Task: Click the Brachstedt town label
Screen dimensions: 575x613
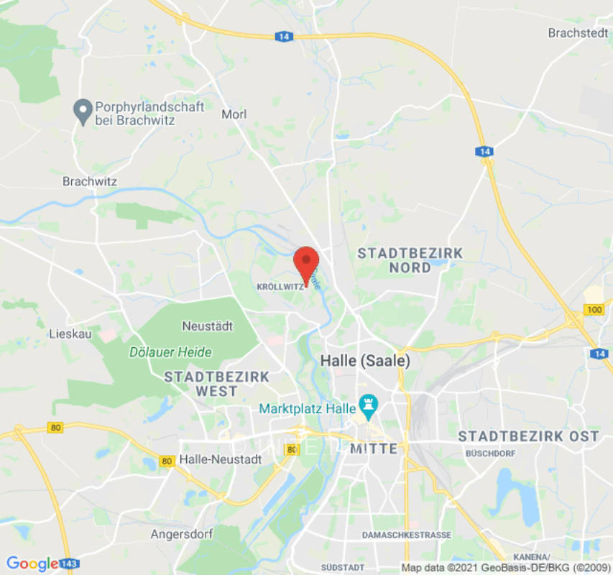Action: (x=578, y=32)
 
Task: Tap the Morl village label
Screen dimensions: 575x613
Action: (x=234, y=114)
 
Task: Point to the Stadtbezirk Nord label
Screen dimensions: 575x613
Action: (x=410, y=260)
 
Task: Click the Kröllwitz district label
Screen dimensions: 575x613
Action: (x=280, y=286)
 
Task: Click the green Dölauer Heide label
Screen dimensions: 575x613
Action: (x=170, y=352)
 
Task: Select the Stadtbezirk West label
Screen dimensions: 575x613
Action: (x=216, y=384)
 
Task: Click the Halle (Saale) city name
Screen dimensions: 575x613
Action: (x=365, y=361)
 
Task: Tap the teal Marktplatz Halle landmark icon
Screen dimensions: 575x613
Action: (x=370, y=408)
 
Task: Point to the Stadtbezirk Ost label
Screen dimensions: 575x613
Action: (x=528, y=436)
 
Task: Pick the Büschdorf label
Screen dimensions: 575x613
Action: (x=492, y=454)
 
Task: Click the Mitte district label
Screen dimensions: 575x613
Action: (x=374, y=448)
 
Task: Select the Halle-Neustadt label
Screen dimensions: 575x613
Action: (x=216, y=459)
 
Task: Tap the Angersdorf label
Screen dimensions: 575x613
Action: (x=180, y=534)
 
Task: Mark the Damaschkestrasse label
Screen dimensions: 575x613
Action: (x=406, y=535)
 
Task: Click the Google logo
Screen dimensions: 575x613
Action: (x=32, y=563)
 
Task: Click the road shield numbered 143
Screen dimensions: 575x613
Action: (x=70, y=563)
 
